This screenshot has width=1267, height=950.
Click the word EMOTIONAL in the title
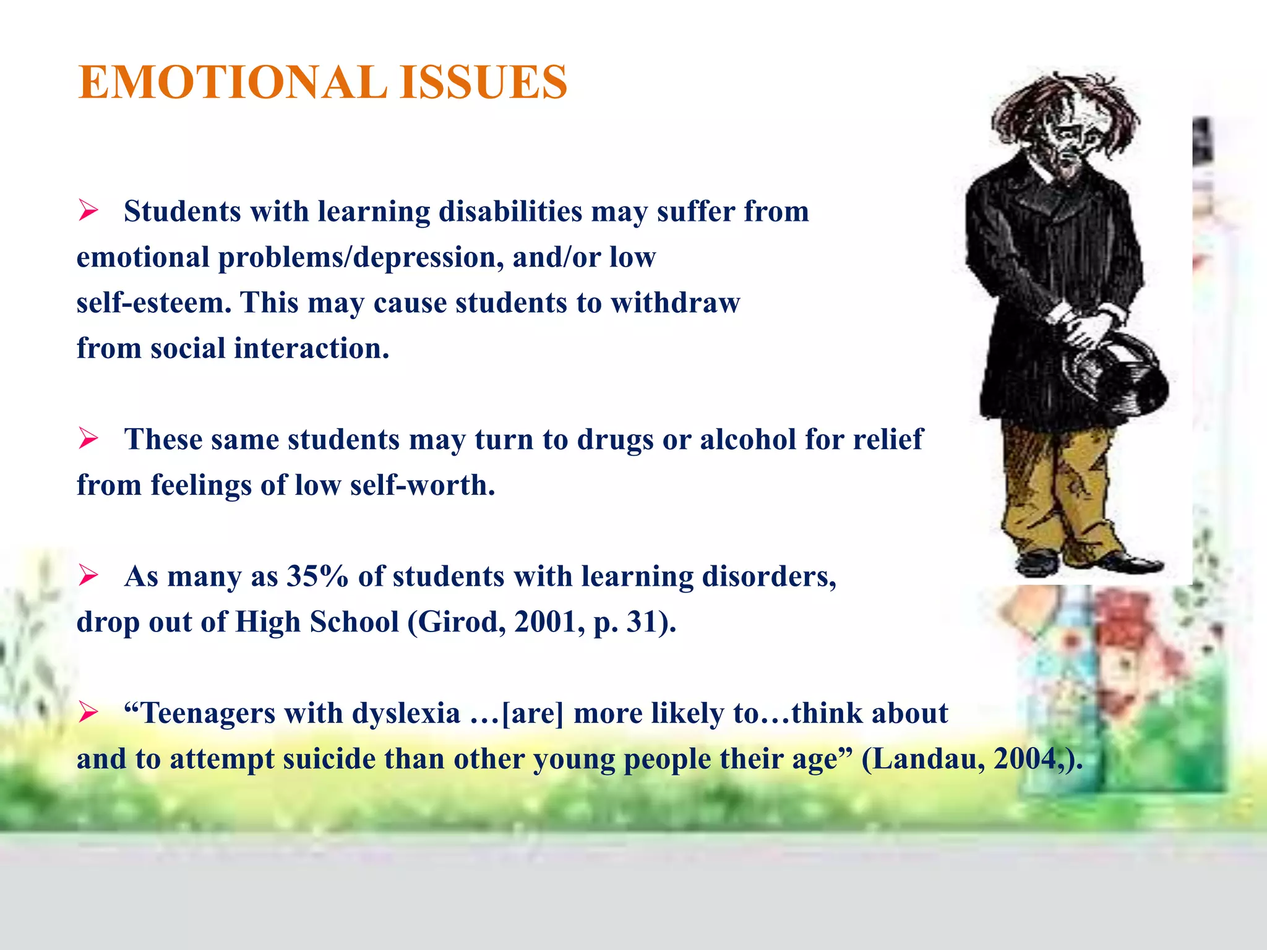pos(233,82)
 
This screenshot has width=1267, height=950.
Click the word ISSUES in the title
pos(483,82)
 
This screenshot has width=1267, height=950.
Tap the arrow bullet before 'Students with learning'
pos(88,212)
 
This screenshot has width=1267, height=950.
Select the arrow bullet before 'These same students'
pos(88,440)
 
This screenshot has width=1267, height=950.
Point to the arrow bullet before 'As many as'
pos(88,576)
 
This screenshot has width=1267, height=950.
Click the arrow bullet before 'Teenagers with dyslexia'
pos(88,713)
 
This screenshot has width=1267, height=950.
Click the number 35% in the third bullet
pos(317,576)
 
